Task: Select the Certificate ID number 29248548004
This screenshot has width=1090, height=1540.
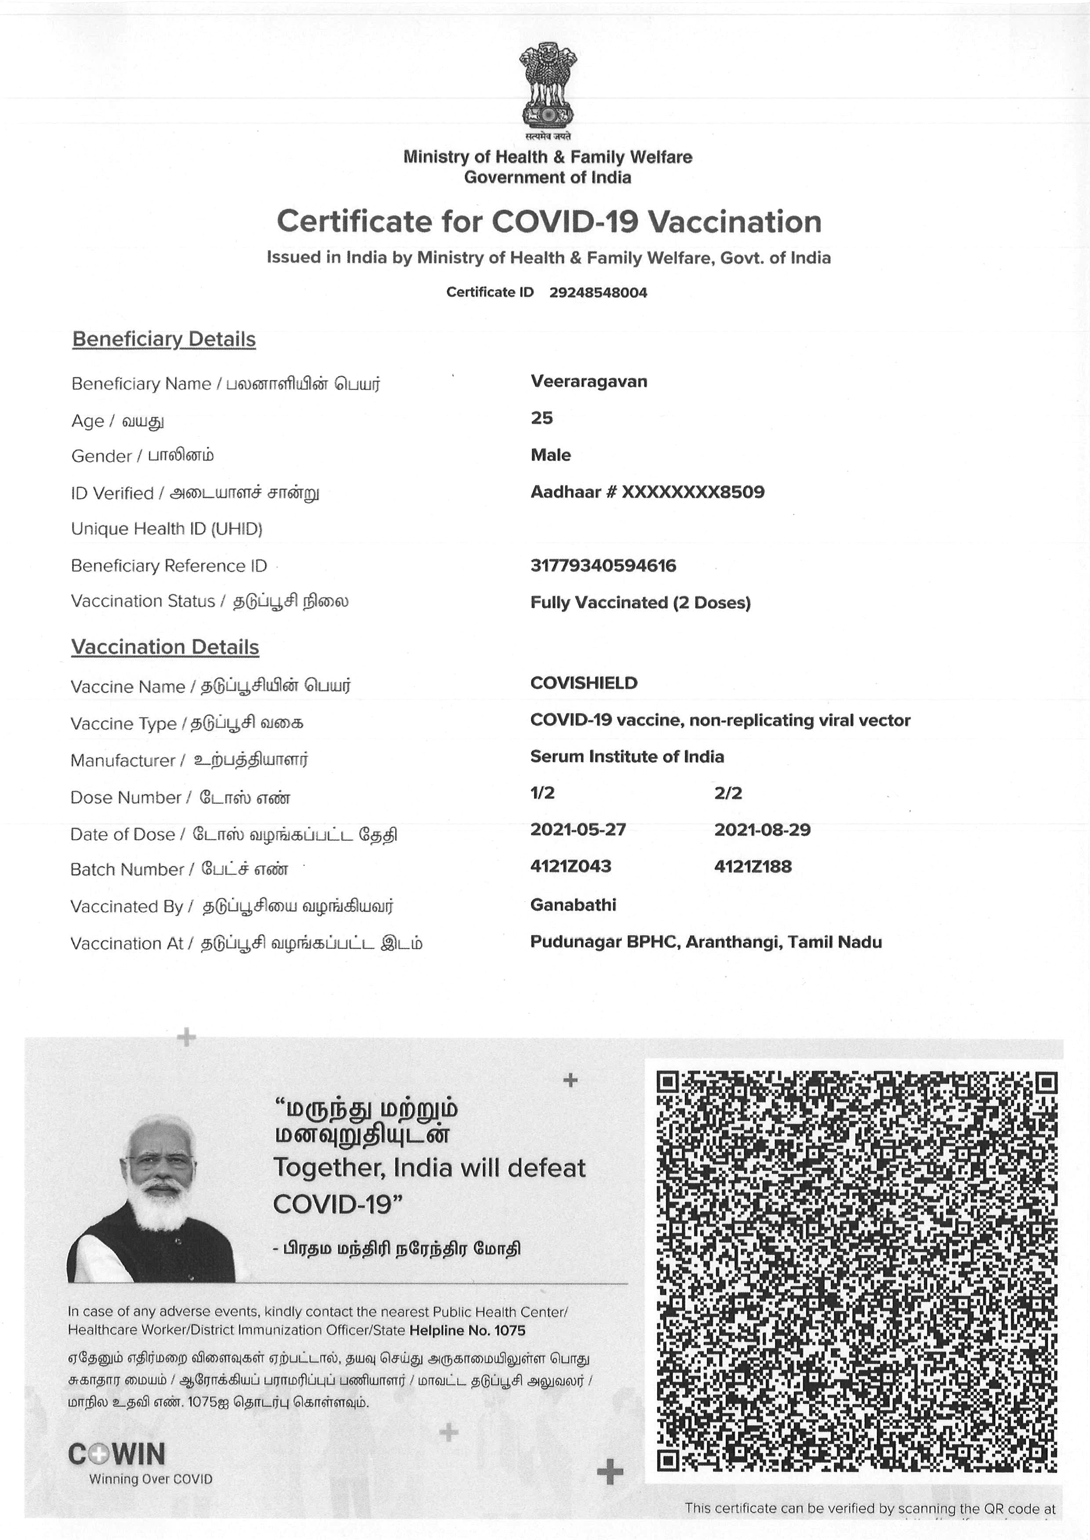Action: coord(598,293)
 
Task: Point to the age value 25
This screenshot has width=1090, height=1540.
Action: coord(541,418)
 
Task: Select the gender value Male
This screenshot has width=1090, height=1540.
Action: coord(550,455)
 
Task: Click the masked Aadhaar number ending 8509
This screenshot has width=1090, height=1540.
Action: coord(693,492)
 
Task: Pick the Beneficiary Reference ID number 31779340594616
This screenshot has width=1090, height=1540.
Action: coord(603,566)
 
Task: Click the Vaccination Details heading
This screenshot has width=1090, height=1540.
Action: coord(165,647)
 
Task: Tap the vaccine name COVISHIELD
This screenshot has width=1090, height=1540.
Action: coord(583,683)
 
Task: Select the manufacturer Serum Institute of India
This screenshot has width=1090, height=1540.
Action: coord(627,756)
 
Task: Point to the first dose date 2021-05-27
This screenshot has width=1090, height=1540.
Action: coord(578,830)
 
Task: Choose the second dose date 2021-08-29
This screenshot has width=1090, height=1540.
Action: coord(762,830)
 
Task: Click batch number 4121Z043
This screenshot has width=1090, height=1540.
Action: coord(570,866)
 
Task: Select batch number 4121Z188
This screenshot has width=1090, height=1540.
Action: coord(752,866)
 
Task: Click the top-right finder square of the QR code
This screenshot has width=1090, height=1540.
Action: coord(1046,1082)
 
